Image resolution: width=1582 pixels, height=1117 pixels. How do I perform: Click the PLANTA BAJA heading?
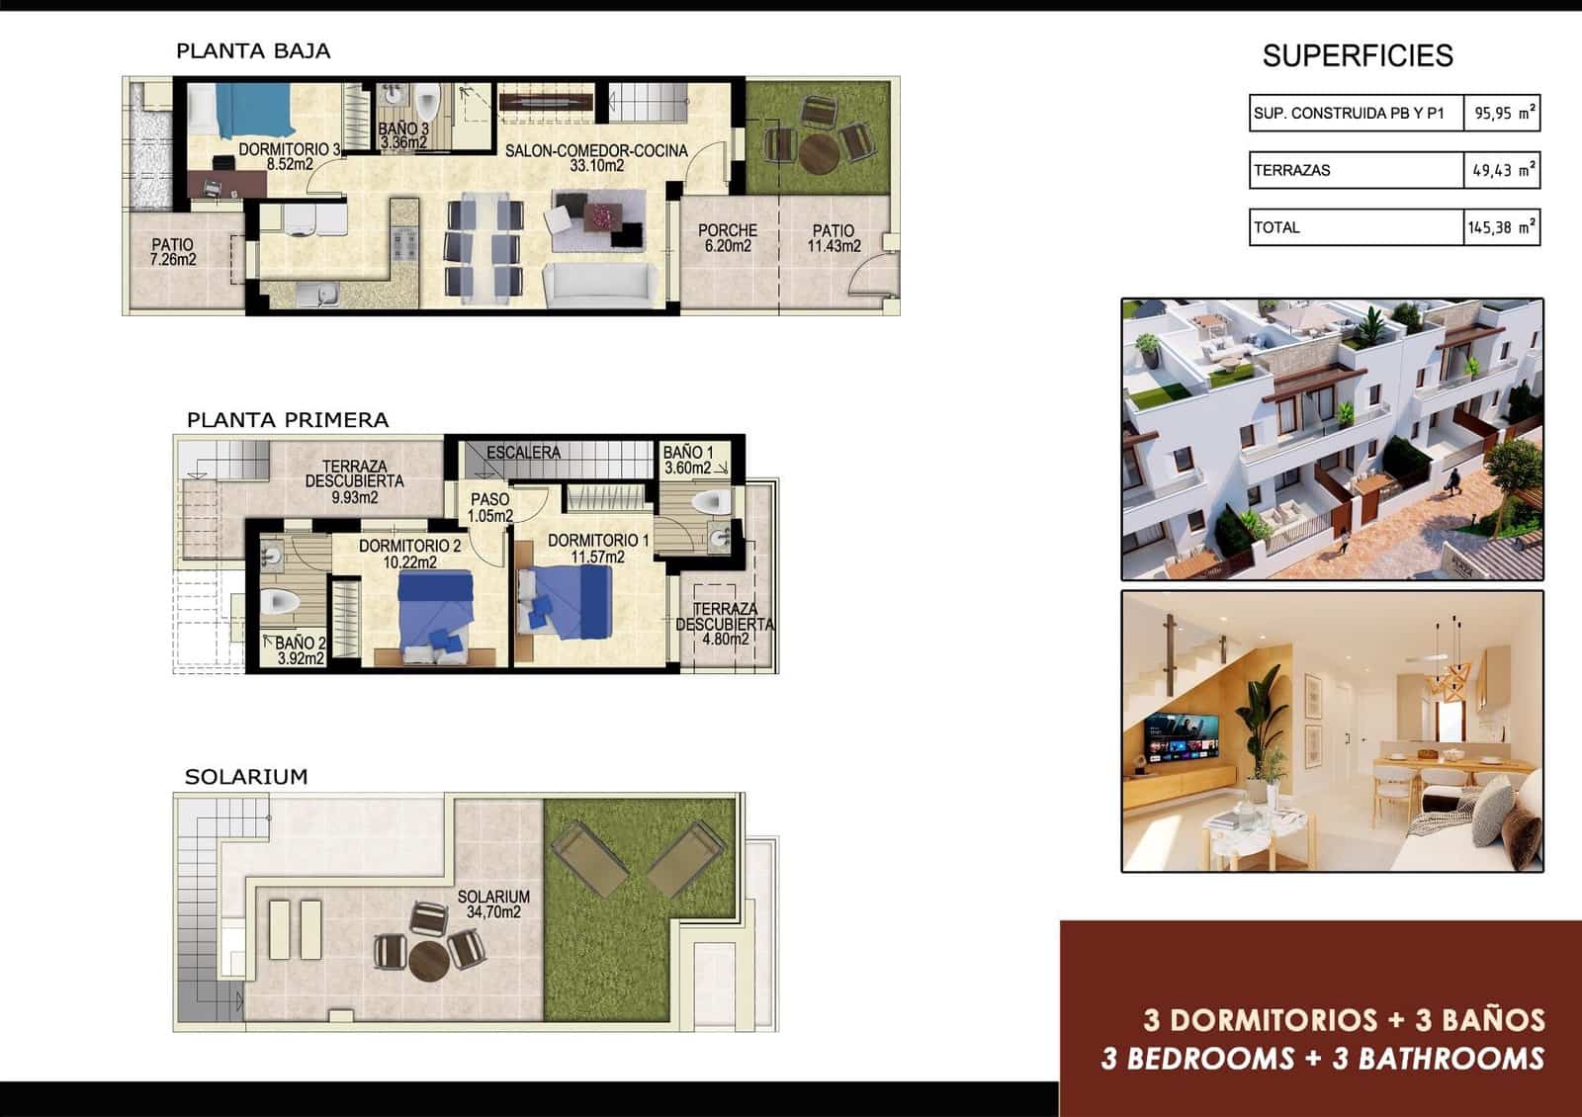[253, 51]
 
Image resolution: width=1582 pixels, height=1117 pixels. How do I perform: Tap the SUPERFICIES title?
[1357, 56]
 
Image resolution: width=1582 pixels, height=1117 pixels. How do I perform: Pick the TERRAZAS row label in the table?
[1292, 170]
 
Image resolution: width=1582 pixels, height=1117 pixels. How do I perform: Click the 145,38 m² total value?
[1501, 227]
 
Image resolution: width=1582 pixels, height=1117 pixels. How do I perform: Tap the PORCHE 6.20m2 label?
[727, 237]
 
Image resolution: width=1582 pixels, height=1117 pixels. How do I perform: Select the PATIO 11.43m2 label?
[834, 237]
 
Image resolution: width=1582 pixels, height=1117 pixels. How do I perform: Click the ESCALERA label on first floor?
[523, 453]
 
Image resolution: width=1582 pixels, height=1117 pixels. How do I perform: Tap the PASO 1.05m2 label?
[489, 507]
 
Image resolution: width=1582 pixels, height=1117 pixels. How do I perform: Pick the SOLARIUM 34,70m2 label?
[493, 903]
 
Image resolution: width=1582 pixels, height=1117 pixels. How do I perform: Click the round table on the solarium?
[429, 960]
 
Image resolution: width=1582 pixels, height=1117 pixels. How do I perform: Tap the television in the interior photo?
[1182, 739]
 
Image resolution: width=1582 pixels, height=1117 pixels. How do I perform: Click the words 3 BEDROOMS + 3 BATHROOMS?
[1322, 1059]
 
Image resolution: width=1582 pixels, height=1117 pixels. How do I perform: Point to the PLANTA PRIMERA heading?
[288, 420]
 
